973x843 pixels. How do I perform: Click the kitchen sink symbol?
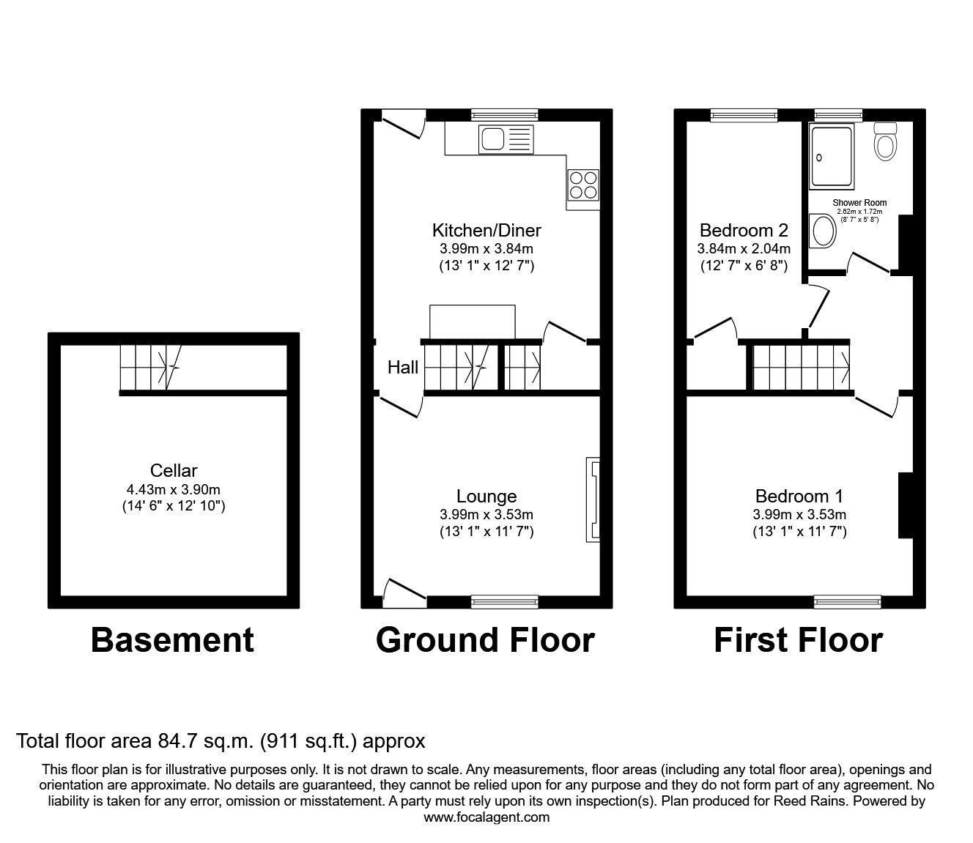(x=506, y=139)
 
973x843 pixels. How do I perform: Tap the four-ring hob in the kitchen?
(x=583, y=185)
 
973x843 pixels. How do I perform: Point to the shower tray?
(x=832, y=156)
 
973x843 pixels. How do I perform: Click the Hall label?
(x=403, y=368)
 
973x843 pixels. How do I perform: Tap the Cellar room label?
(x=174, y=471)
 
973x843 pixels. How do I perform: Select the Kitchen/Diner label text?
(x=486, y=231)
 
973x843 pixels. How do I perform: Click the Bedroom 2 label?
(x=744, y=231)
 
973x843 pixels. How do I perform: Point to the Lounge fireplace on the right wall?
(x=593, y=500)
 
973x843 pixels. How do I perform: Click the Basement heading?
(x=172, y=640)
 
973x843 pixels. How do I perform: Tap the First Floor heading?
(x=798, y=640)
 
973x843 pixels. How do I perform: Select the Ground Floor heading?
(x=485, y=640)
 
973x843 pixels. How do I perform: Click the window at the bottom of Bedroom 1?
(x=848, y=602)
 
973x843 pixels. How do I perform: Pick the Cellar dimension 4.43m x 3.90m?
(x=174, y=489)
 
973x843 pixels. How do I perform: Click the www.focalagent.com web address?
(x=486, y=817)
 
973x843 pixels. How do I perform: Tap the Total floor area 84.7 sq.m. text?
(x=221, y=741)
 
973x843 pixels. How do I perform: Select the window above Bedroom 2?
(x=744, y=114)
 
